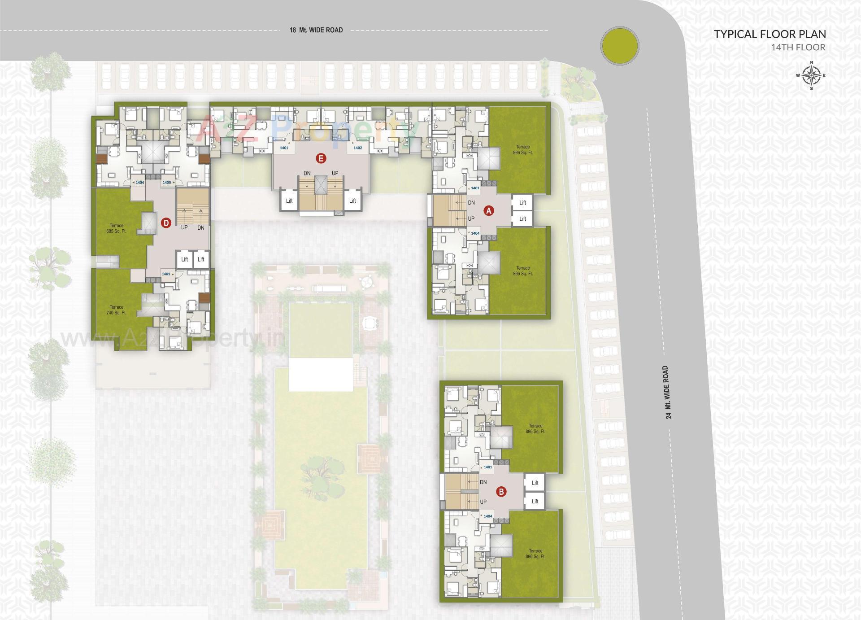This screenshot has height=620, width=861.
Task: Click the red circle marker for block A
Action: (489, 210)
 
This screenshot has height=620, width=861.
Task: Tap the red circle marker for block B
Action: (501, 492)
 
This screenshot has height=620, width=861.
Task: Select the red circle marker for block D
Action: (166, 223)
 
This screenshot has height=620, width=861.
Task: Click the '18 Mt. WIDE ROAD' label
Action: (316, 30)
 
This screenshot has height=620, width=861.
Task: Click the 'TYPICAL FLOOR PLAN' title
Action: (770, 34)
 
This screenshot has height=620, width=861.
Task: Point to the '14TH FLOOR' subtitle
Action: (798, 47)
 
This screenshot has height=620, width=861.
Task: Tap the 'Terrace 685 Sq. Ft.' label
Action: (117, 228)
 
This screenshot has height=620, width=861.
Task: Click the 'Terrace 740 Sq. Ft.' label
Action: (117, 310)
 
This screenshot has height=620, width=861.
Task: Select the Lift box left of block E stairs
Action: (289, 201)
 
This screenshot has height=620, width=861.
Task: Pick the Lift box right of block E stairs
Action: (352, 201)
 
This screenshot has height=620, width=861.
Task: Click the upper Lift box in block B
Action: (535, 483)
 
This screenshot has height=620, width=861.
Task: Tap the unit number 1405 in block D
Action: (167, 183)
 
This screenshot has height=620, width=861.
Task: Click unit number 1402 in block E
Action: (357, 148)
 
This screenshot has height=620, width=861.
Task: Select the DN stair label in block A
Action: (471, 203)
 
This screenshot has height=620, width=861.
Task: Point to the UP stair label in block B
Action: (483, 502)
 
